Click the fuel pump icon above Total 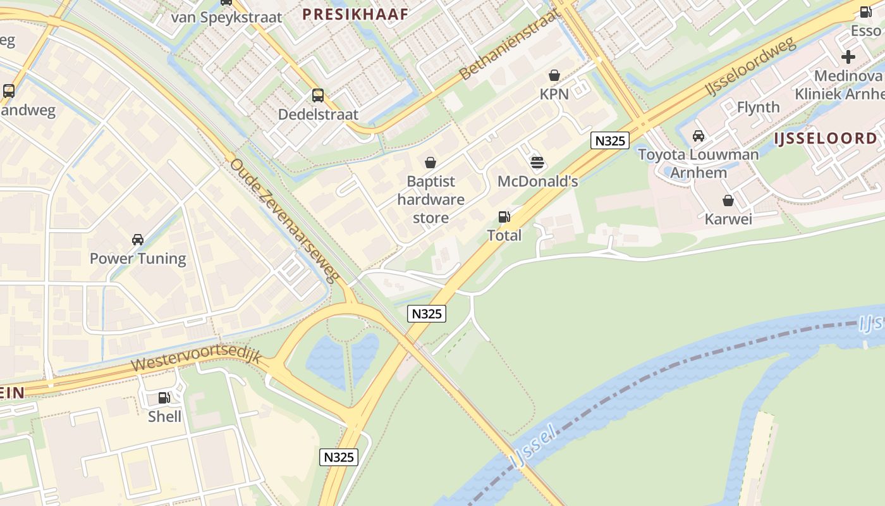click(x=504, y=217)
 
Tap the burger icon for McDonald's click(x=537, y=163)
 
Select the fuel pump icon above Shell click(x=164, y=398)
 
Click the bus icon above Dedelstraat click(x=318, y=96)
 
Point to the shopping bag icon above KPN click(x=554, y=75)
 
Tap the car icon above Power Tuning click(x=137, y=240)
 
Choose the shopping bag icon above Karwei click(x=728, y=201)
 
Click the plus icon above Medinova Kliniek click(x=848, y=57)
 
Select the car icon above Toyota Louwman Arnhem click(x=699, y=135)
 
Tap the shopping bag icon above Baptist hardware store click(x=430, y=163)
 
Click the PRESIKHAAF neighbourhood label click(x=355, y=14)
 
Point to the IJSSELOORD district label click(x=826, y=139)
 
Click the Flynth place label click(x=758, y=107)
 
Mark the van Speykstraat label click(x=226, y=17)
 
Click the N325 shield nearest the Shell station click(x=339, y=457)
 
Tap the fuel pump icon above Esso click(x=865, y=12)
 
